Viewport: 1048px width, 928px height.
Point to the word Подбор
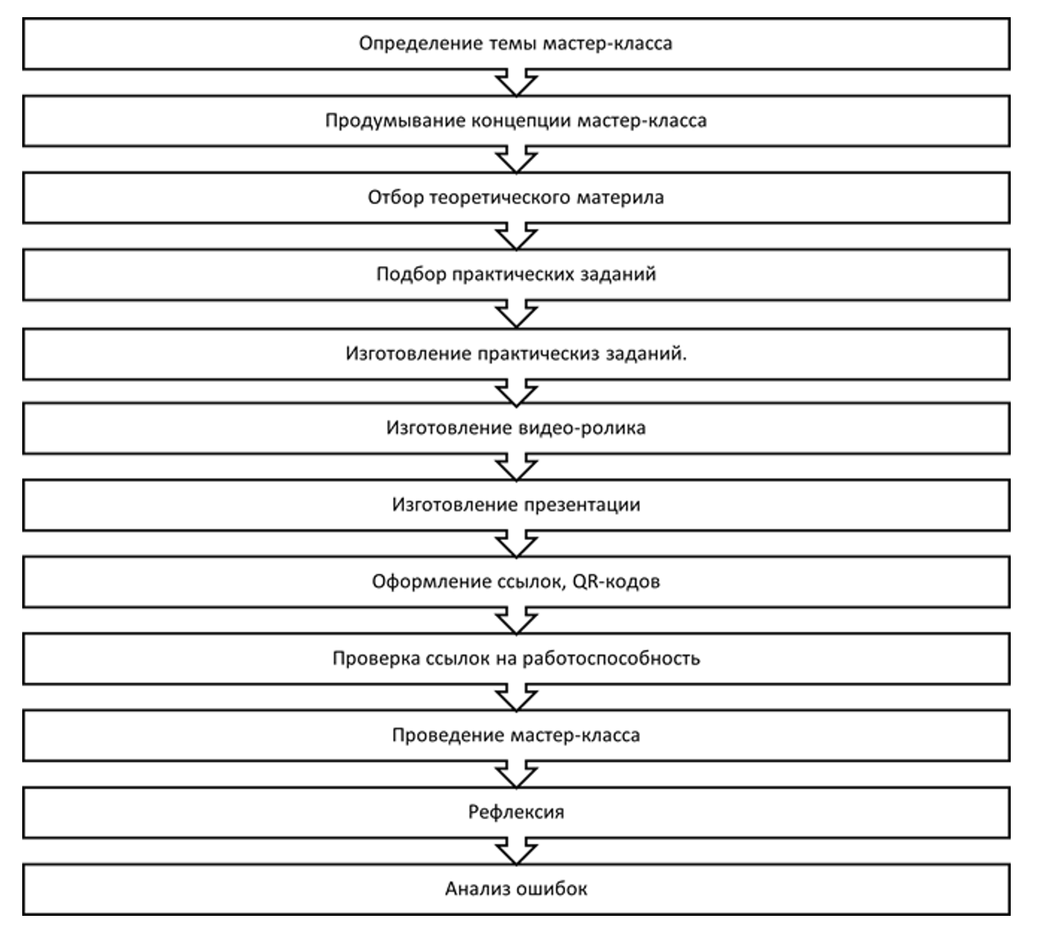coord(411,274)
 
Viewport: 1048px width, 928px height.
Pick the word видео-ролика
coord(582,429)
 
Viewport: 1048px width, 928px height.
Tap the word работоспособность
coord(611,659)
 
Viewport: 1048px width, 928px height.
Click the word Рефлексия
coord(515,813)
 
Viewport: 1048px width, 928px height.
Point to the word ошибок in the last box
coord(552,889)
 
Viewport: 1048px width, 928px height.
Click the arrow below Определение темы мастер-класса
coord(516,82)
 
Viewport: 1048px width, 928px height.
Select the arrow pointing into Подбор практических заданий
coord(516,237)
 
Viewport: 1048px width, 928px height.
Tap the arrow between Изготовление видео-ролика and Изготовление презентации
coord(516,467)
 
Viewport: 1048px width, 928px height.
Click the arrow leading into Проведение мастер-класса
coord(516,697)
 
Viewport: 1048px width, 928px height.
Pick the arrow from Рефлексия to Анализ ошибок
coord(516,851)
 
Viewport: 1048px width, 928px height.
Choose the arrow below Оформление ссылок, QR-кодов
coord(516,620)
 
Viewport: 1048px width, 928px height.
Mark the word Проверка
coord(376,659)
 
